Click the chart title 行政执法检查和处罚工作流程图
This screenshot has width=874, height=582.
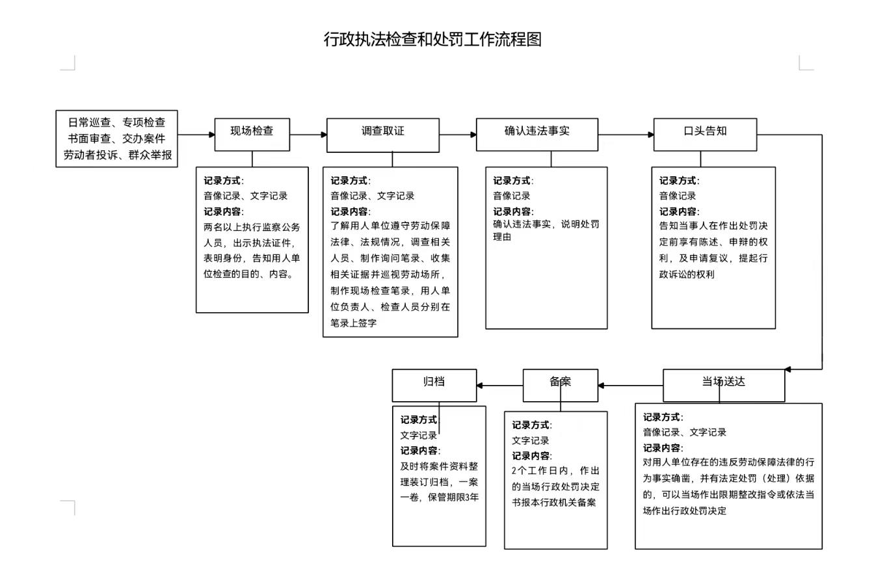point(432,40)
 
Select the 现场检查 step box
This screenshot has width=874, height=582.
point(252,135)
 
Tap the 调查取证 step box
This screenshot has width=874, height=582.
point(383,135)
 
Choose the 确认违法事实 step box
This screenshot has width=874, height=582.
point(537,135)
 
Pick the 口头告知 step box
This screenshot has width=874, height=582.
point(705,135)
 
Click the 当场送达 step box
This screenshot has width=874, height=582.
point(724,386)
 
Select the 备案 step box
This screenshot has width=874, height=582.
point(561,386)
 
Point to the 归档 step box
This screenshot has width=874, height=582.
point(434,386)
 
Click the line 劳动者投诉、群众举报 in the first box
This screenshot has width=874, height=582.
point(118,155)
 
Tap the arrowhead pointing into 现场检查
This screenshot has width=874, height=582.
point(212,135)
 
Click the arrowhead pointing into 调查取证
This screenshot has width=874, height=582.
point(324,135)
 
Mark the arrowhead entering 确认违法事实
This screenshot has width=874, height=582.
point(473,135)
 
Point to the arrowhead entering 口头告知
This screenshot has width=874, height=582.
point(651,135)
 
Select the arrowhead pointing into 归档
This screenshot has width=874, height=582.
point(480,386)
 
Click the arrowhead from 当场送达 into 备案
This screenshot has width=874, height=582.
point(602,386)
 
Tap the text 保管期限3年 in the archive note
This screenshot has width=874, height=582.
point(453,497)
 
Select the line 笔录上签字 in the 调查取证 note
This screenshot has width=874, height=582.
point(354,323)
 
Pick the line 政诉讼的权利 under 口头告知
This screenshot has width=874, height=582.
point(687,274)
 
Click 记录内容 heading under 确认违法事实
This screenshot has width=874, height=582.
point(513,211)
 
